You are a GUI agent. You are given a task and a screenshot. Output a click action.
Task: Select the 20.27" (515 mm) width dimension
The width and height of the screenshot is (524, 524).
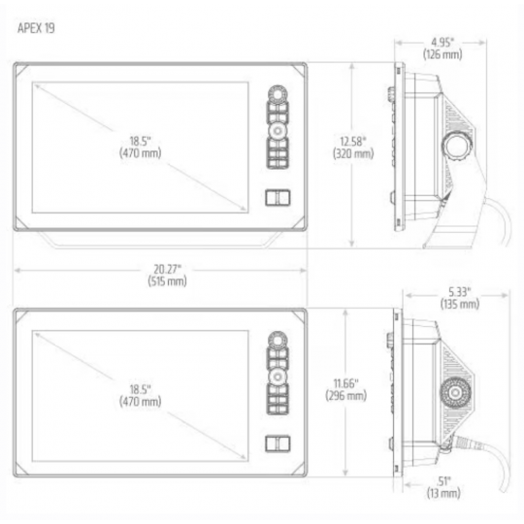[x=160, y=275]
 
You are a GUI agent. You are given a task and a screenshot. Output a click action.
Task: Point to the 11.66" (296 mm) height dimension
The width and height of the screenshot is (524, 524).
[x=344, y=389]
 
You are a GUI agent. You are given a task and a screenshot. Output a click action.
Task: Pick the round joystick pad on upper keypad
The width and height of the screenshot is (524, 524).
[x=278, y=131]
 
